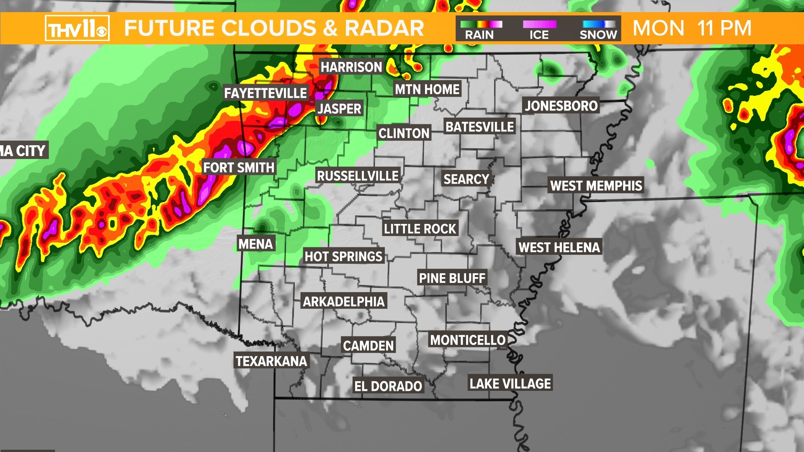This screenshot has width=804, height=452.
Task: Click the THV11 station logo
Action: click(77, 28)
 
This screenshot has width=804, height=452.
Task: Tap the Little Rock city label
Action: click(420, 229)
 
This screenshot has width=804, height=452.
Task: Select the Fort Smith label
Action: click(239, 168)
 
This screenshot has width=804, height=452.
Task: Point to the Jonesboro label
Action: click(561, 106)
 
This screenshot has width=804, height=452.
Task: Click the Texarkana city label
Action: click(271, 361)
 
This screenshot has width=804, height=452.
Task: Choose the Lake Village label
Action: click(510, 383)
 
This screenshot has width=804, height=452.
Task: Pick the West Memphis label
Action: click(596, 186)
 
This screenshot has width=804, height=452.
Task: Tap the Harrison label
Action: click(351, 67)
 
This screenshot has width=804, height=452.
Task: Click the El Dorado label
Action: click(388, 386)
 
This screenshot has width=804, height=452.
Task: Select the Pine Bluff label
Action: click(452, 278)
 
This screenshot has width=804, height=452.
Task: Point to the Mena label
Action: click(255, 244)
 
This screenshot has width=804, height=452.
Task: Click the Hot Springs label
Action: click(343, 256)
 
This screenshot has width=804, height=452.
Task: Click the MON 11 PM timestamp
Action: click(692, 28)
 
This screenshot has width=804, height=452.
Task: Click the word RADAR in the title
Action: click(384, 28)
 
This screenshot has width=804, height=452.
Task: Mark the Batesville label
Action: click(479, 127)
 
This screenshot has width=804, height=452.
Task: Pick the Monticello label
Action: click(468, 340)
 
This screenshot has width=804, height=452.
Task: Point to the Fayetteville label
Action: click(265, 93)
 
